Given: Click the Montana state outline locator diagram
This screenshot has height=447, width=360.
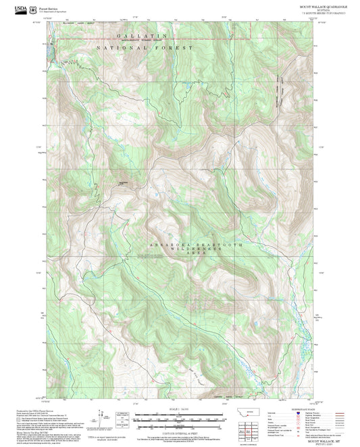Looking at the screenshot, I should [253, 411].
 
